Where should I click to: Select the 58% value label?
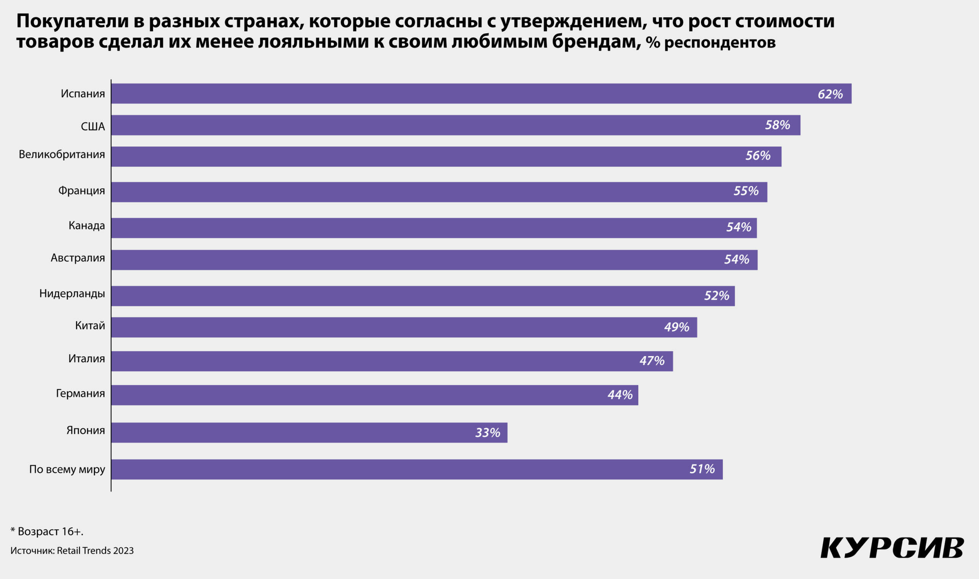coord(777,125)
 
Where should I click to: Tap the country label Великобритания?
coord(62,155)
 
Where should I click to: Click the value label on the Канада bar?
coord(738,227)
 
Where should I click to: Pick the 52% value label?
coord(716,296)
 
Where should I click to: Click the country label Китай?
coord(90,325)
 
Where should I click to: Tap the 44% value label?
coord(620,395)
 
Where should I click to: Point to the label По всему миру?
coord(67,469)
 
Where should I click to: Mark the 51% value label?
coord(702,468)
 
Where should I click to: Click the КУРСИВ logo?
coord(893,548)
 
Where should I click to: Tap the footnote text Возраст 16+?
coord(47,532)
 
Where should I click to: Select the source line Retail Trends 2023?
coord(72,551)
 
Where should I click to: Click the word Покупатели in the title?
coord(72,21)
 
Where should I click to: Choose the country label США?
coord(93,127)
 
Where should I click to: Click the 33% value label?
coord(487,433)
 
